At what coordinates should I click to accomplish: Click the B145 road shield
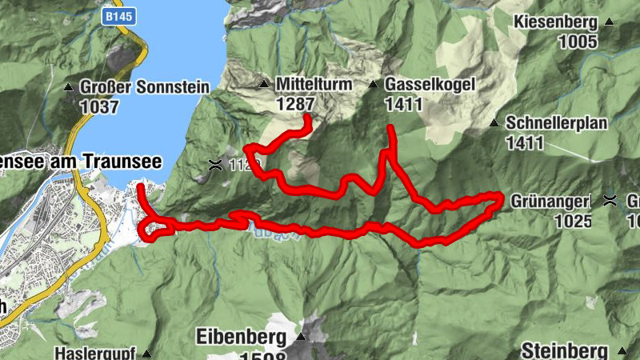click(116, 15)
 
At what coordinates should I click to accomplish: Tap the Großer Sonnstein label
click(144, 86)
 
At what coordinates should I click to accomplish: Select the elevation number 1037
click(99, 106)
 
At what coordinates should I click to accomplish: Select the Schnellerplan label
click(558, 124)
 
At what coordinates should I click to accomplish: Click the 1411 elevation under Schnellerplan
click(525, 143)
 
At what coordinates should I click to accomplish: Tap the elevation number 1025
click(573, 221)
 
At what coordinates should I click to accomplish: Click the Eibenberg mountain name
click(241, 337)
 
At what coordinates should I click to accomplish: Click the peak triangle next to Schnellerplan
click(494, 124)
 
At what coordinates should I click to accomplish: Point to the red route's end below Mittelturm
click(308, 119)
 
